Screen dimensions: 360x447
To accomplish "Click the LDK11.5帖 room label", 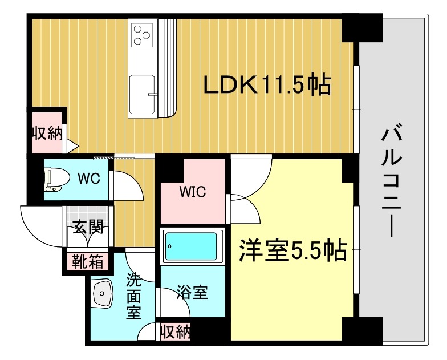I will coord(267,86).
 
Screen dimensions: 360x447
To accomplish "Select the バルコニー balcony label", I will coord(393,183).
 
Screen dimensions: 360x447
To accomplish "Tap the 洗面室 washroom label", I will coord(133,297).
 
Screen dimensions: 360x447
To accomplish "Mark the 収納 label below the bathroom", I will coord(175,331).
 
